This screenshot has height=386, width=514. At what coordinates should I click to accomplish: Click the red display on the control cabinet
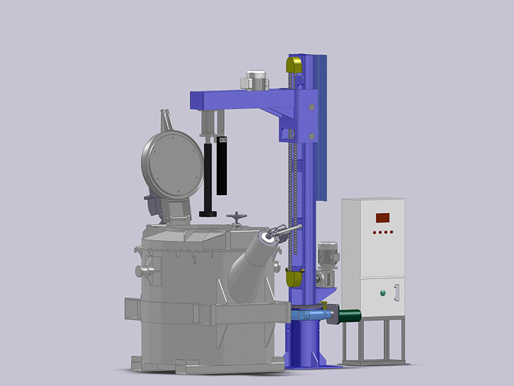click(x=384, y=217)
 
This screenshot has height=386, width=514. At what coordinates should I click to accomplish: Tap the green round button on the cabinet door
click(x=384, y=293)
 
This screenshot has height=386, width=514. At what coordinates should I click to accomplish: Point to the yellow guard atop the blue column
click(x=294, y=65)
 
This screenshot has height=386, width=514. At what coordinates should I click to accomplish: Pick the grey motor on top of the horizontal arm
click(x=254, y=80)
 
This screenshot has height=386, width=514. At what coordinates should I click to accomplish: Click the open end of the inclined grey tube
click(x=266, y=239)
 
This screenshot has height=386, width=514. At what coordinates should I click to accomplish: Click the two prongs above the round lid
click(x=166, y=118)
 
